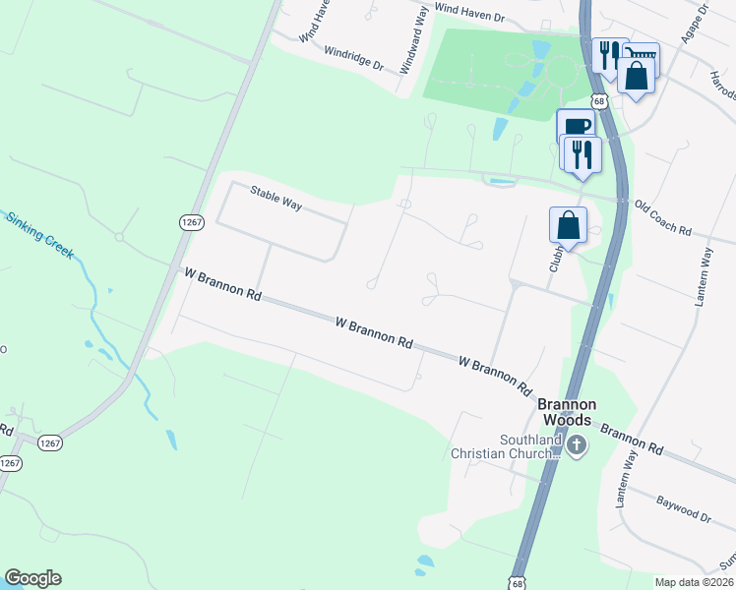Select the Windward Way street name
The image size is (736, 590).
click(x=414, y=44)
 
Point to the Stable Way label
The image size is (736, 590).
click(x=275, y=198)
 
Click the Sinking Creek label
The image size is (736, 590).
click(x=40, y=234)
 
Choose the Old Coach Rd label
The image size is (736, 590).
click(x=663, y=218)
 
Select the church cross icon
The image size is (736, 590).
click(x=577, y=447)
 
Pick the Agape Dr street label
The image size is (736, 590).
click(x=694, y=25)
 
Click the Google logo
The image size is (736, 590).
click(x=32, y=578)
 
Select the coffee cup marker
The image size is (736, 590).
click(x=576, y=126)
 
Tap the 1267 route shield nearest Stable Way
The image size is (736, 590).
click(x=192, y=223)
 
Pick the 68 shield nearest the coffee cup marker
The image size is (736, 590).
click(x=598, y=101)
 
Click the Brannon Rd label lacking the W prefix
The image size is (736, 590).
click(x=632, y=439)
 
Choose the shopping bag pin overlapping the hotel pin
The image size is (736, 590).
click(x=637, y=77)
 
